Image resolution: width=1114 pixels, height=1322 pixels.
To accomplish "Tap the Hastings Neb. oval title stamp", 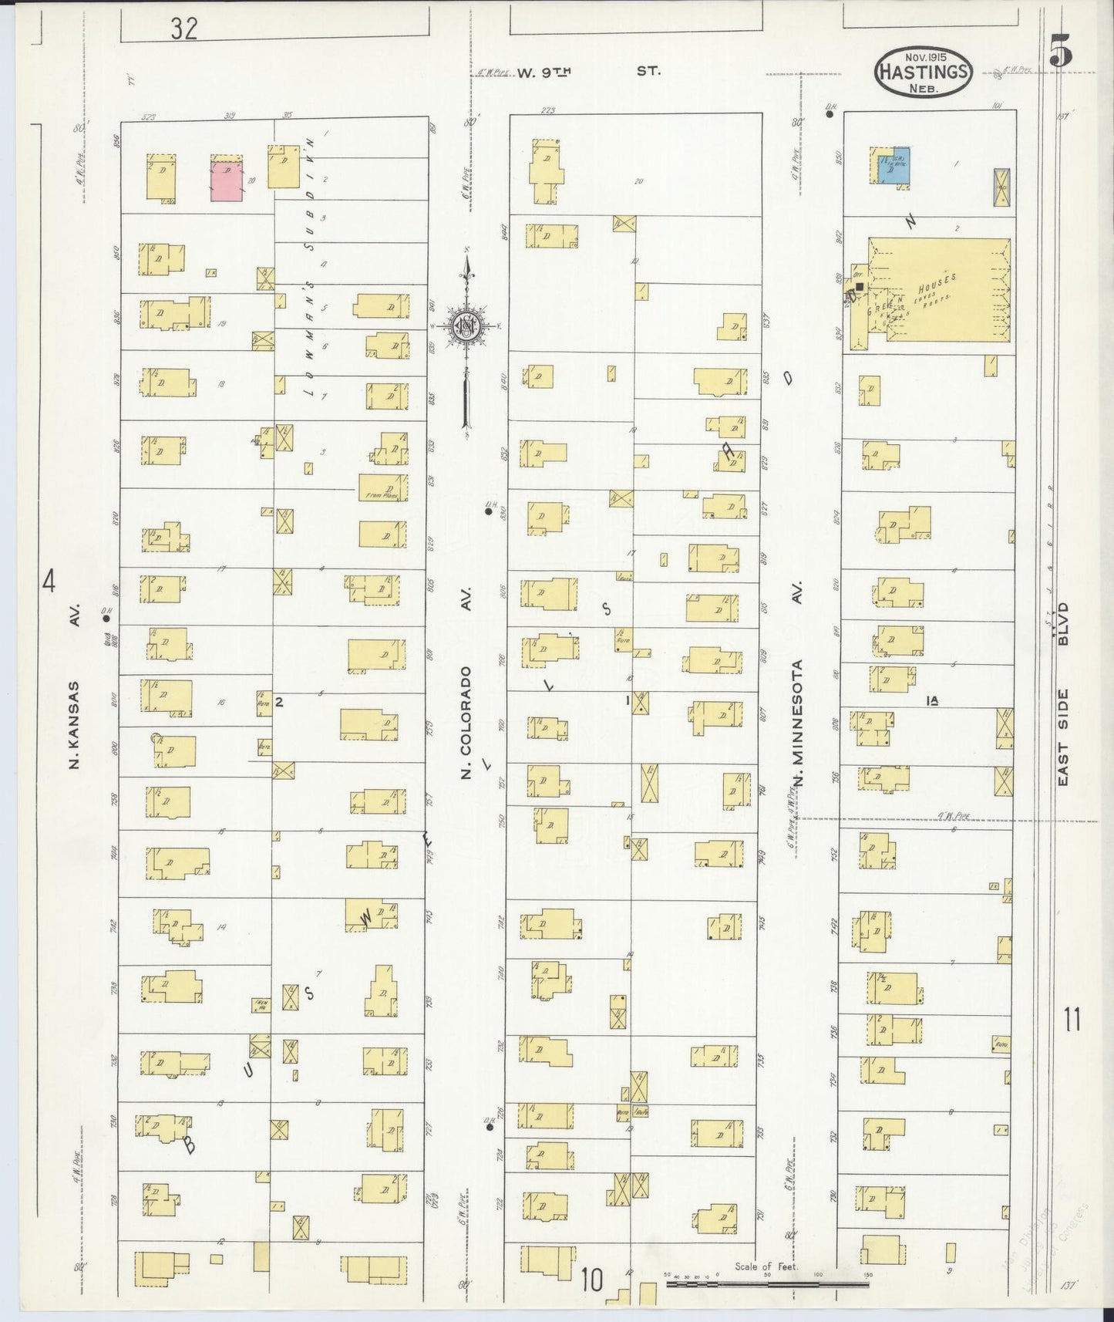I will point(923,71).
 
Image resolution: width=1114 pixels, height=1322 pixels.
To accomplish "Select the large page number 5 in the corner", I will point(1060,52).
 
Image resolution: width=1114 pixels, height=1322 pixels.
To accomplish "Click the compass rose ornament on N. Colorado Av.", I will point(466,327).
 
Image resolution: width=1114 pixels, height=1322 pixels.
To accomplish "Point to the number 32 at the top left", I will point(184,29).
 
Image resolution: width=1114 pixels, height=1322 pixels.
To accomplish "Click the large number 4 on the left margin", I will point(49,582).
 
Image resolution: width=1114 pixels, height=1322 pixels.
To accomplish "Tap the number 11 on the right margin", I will point(1072,1020).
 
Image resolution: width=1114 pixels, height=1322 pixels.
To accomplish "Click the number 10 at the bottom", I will point(591,1280).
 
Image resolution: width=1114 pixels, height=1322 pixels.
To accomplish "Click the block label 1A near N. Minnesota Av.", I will point(932,700).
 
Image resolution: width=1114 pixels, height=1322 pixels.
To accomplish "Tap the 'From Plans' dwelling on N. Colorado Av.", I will point(383,487).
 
